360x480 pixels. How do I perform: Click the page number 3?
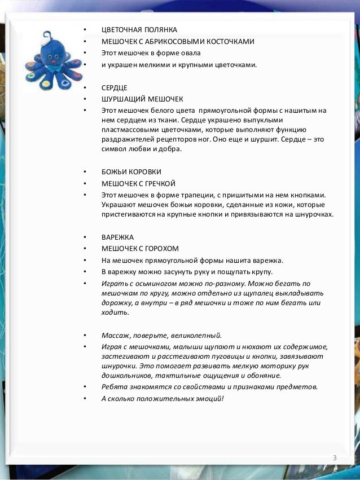[x=335, y=457]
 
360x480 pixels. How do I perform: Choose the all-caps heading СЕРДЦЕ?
[x=115, y=88]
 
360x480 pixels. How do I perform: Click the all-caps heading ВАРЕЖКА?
[x=117, y=237]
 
